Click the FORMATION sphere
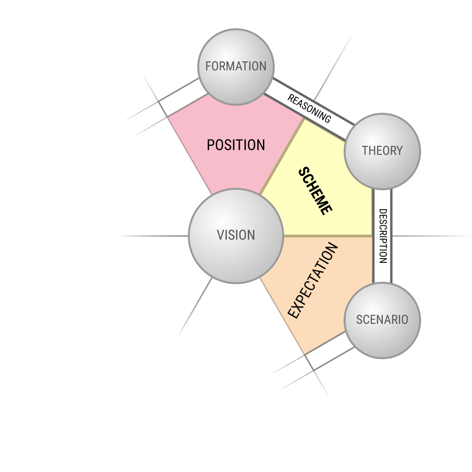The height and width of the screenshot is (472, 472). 236,67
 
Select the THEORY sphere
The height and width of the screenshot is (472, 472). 382,152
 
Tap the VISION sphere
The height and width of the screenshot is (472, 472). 236,236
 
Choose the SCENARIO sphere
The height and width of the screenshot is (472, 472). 382,320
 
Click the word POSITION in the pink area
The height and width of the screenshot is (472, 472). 236,145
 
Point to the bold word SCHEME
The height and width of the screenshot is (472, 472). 315,191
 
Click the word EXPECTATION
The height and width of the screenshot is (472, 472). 313,280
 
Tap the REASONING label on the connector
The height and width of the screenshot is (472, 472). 309,109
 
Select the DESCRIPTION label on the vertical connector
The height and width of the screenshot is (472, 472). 383,236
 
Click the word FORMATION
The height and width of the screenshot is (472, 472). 236,66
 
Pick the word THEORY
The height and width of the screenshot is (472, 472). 382,151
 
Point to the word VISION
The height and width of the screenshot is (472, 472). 236,235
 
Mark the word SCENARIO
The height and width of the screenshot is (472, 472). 382,320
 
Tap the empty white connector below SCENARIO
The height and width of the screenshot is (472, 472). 329,351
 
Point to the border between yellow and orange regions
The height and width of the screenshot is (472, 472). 328,236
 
